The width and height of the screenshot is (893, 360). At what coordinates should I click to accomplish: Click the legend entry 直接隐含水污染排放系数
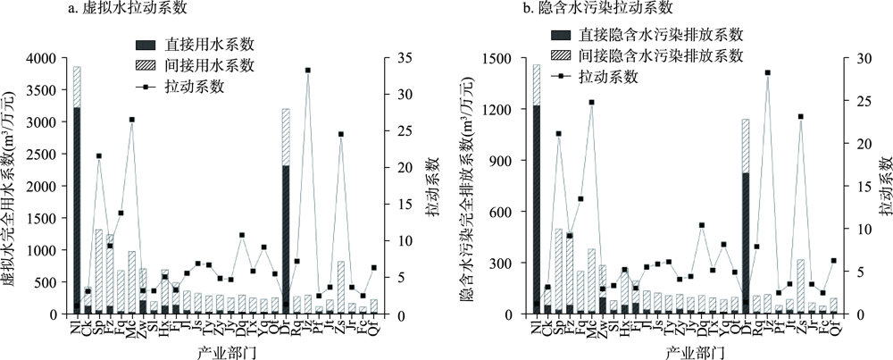coord(662,35)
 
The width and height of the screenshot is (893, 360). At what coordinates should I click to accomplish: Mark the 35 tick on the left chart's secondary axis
coord(394,58)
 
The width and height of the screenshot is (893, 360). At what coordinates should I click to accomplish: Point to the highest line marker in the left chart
coord(307,70)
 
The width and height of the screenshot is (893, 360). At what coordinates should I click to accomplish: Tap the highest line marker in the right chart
coord(767,72)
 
